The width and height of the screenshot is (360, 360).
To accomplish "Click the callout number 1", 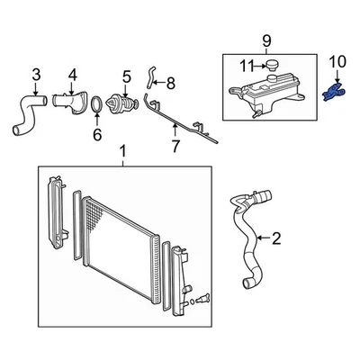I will click(x=123, y=149).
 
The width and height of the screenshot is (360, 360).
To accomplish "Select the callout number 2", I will click(x=276, y=238).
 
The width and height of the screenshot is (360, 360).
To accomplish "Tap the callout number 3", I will click(x=36, y=73).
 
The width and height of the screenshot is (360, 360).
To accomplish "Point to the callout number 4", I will click(x=72, y=73).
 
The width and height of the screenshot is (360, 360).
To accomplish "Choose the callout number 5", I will click(x=126, y=76).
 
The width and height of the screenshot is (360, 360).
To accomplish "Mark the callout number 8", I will click(x=171, y=84).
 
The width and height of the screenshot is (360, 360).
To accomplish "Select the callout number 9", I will click(x=265, y=40).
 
